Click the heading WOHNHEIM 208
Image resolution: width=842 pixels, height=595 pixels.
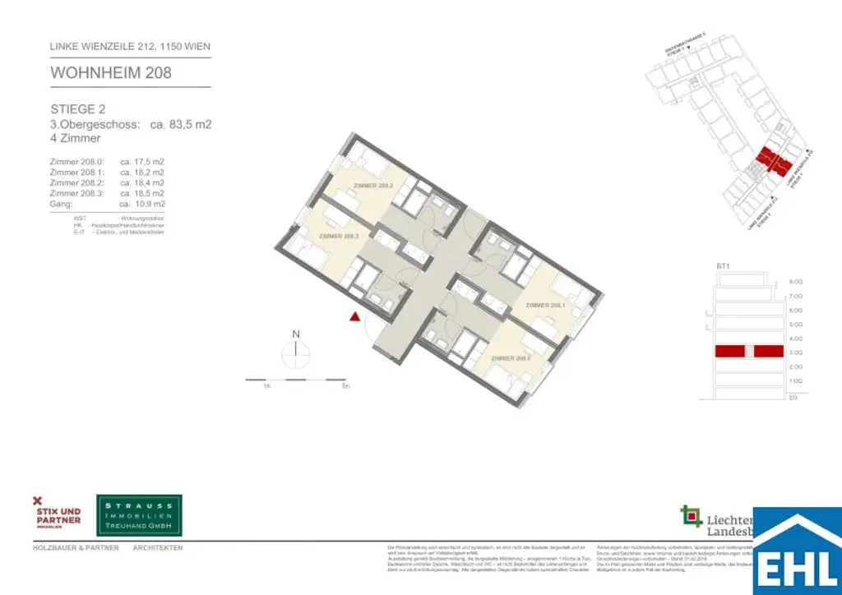[x=111, y=72]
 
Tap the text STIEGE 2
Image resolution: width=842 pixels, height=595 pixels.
[x=78, y=108]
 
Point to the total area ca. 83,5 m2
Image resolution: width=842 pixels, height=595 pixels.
[x=181, y=124]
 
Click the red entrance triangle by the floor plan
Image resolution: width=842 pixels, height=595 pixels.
[x=354, y=316]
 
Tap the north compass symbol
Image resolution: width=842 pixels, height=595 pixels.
[x=295, y=351]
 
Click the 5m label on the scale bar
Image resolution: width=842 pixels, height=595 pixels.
[x=346, y=385]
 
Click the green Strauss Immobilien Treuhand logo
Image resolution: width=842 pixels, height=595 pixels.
[x=139, y=515]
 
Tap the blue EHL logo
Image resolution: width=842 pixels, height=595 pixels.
[x=798, y=552]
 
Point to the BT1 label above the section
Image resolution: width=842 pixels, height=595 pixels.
[x=724, y=267]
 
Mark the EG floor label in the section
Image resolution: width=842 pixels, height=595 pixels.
[x=793, y=397]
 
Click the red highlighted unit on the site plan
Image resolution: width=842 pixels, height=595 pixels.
[x=770, y=160]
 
